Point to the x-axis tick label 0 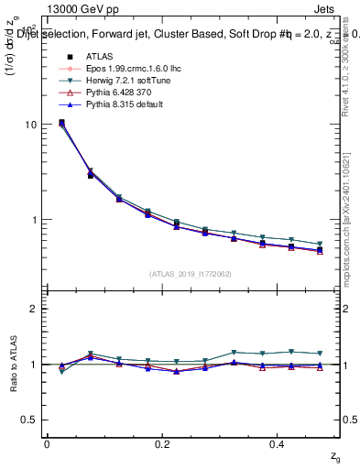(x=48, y=443)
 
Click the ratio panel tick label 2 (x=34, y=309)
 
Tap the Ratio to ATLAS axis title (x=13, y=364)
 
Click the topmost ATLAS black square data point (x=61, y=123)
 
